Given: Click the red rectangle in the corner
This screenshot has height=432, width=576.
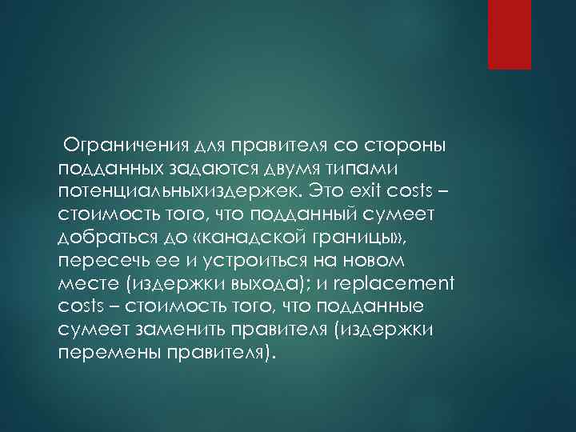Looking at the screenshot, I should click(510, 34).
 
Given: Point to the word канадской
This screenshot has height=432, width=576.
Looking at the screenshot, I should click(265, 239).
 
